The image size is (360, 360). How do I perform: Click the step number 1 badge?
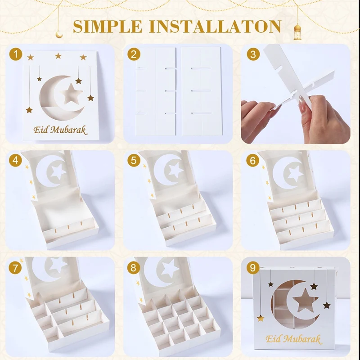pyautogui.click(x=17, y=55)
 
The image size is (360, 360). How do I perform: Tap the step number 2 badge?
pyautogui.click(x=133, y=55)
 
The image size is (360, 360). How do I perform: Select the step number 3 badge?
pyautogui.click(x=254, y=55)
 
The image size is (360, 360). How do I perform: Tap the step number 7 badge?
pyautogui.click(x=17, y=268)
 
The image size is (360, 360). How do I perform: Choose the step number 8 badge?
pyautogui.click(x=133, y=268)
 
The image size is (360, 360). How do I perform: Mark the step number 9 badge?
pyautogui.click(x=254, y=268)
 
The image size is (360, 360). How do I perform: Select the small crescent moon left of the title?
pyautogui.click(x=59, y=33)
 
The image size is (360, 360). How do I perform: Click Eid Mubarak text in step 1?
pyautogui.click(x=60, y=130)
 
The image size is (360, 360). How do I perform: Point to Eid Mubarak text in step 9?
pyautogui.click(x=293, y=338)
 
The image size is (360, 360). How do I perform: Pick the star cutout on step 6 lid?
pyautogui.click(x=295, y=173)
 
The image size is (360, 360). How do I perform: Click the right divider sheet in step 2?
pyautogui.click(x=201, y=91)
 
